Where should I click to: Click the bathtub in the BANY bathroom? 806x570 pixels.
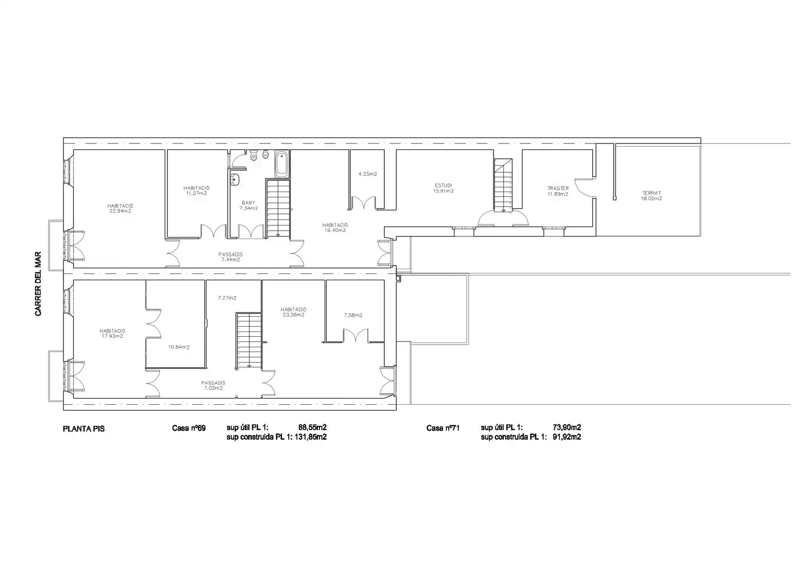(282, 164)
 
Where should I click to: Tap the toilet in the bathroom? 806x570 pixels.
(254, 155)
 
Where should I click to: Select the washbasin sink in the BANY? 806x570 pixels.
(234, 179)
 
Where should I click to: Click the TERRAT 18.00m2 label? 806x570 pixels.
(651, 196)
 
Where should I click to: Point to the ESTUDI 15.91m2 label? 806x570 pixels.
(443, 188)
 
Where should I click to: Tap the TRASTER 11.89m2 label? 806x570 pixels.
(558, 191)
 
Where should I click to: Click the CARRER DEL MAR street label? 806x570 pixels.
(38, 283)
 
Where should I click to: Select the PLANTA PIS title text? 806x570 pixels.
(83, 429)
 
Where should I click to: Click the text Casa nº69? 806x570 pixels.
(188, 428)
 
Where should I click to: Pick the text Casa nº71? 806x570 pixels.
(443, 428)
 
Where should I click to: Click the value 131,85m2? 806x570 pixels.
(310, 437)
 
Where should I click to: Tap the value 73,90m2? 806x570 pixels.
(567, 427)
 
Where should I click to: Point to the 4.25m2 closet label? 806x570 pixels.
(368, 174)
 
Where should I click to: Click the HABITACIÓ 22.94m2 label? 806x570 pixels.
(120, 208)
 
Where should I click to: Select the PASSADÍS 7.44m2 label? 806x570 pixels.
(230, 257)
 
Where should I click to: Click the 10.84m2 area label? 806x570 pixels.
(179, 347)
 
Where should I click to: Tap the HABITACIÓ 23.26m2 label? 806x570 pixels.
(293, 312)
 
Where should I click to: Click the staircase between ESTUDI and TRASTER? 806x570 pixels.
(503, 185)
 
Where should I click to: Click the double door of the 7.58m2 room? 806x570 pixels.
(355, 335)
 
